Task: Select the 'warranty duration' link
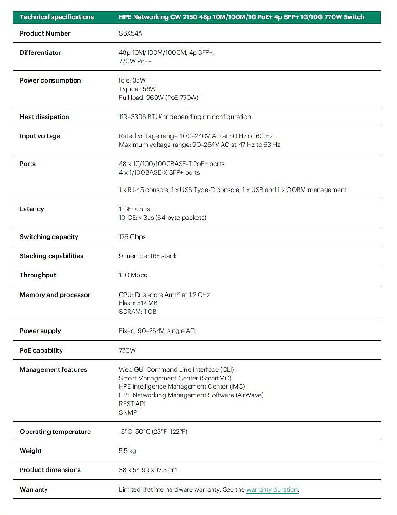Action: (x=272, y=489)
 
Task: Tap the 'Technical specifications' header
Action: (x=57, y=17)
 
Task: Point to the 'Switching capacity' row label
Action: (x=49, y=237)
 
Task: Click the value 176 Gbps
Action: (x=132, y=237)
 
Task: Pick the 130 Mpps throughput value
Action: (x=133, y=275)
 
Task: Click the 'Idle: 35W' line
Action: (x=132, y=80)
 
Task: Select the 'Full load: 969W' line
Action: (x=159, y=98)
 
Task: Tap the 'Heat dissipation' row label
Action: (x=44, y=117)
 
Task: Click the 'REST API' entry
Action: (x=132, y=404)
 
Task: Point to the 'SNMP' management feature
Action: (x=128, y=412)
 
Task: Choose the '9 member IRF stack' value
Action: (x=148, y=256)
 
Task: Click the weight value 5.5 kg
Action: (x=127, y=451)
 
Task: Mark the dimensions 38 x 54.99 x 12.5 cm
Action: (x=148, y=470)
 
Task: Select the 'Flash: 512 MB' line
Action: (x=138, y=303)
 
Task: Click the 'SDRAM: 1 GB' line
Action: (x=138, y=312)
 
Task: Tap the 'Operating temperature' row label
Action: (x=55, y=432)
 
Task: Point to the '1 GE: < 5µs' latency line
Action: (x=134, y=209)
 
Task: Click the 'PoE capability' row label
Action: (x=41, y=350)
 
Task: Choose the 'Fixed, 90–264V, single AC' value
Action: (x=157, y=331)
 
